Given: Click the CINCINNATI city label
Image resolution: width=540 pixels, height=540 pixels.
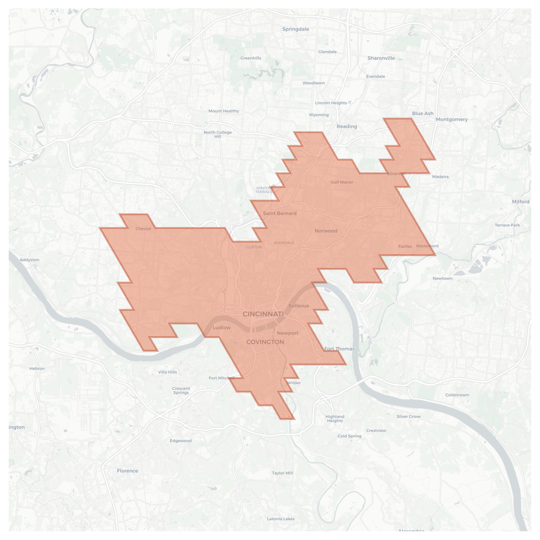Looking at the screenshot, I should [x=263, y=314].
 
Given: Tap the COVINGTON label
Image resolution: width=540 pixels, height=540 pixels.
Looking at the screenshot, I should [x=265, y=342].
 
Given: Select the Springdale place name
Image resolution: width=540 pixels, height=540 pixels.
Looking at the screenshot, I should [x=296, y=29].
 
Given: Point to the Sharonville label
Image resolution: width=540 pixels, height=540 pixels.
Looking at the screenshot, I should [x=381, y=58].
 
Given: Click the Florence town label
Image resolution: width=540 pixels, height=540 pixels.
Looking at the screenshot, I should [x=127, y=471].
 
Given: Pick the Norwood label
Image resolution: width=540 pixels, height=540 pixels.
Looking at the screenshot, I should [x=326, y=231].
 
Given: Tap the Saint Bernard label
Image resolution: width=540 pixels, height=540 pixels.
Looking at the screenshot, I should [x=280, y=213].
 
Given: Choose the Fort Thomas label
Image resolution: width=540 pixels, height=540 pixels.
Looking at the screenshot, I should [x=339, y=349].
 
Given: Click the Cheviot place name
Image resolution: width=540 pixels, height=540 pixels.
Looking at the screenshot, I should [x=143, y=229].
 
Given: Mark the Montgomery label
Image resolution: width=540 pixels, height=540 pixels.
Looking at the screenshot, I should [x=451, y=119].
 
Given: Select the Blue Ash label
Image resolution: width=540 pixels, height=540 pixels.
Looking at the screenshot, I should [x=422, y=113].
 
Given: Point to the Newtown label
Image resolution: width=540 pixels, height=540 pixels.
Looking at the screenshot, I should [x=442, y=278].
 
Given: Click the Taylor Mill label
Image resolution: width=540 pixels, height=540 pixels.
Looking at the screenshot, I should [x=282, y=473].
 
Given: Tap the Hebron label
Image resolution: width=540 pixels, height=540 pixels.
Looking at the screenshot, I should [x=37, y=368].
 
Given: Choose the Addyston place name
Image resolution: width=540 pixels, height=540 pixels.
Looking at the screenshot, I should [x=29, y=260].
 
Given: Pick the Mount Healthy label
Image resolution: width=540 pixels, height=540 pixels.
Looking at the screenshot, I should [x=224, y=111].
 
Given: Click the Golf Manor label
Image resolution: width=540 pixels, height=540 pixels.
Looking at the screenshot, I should [x=342, y=182].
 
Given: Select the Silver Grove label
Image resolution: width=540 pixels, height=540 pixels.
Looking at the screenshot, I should [x=408, y=416].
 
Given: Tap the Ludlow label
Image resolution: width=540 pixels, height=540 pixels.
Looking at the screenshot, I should [x=222, y=327].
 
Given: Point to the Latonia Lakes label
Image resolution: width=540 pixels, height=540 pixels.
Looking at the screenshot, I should [x=280, y=519].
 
